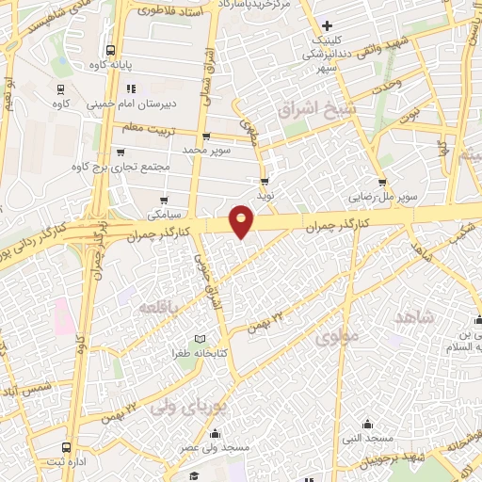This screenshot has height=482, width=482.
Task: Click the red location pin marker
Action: pos(242,220)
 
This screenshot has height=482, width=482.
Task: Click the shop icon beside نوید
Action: pos(265,180)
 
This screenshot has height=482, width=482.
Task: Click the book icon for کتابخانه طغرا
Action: pos(199,338)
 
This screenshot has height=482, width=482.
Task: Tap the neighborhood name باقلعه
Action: pos(157,308)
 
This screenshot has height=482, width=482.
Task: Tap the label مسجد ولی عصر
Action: pos(215,449)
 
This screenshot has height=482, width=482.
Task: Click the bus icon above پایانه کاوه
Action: pos(111,50)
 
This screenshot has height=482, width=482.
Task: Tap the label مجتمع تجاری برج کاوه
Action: pos(117,167)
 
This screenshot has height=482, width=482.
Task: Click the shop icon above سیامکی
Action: pos(165,200)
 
